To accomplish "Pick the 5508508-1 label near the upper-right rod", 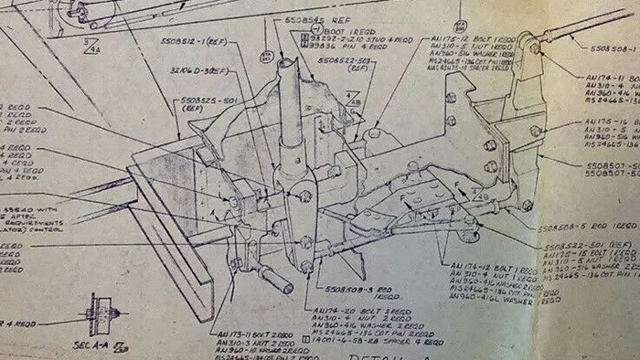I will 611,48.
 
